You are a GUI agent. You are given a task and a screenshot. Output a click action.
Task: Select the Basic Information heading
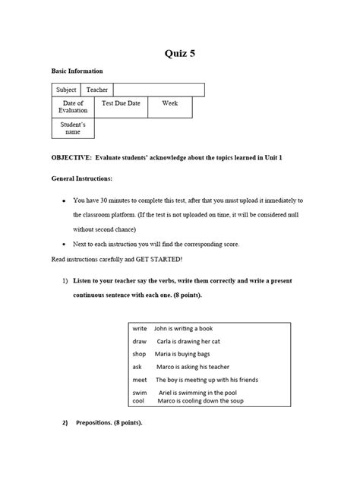tap(77, 71)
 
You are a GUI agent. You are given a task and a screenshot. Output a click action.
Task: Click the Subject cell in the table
tap(67, 90)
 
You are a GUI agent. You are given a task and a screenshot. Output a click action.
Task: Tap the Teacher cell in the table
tap(97, 90)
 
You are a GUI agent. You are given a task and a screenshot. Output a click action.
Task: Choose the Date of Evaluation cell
tap(74, 107)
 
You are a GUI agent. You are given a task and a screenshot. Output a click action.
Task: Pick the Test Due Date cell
tap(121, 103)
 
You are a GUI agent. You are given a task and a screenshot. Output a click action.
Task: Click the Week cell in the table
tap(170, 103)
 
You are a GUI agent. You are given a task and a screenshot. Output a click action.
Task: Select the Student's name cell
tap(73, 128)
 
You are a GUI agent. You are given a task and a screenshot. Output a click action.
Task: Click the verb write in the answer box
tap(140, 329)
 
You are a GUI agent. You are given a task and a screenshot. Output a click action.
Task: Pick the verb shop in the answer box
tap(139, 354)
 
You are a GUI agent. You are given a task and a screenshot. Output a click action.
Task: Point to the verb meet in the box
tap(140, 379)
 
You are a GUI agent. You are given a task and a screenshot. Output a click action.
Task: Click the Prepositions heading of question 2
tap(109, 422)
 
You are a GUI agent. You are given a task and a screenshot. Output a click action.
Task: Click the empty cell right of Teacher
tap(159, 90)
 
